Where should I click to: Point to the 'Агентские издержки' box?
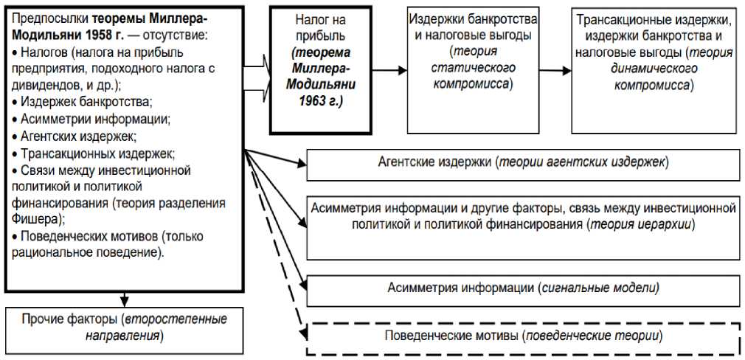tap(522, 165)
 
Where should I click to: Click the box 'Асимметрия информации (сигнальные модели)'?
tap(522, 287)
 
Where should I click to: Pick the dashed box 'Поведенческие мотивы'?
tap(522, 336)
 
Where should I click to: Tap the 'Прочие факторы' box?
tap(124, 325)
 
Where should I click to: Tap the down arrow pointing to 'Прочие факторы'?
tap(124, 298)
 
